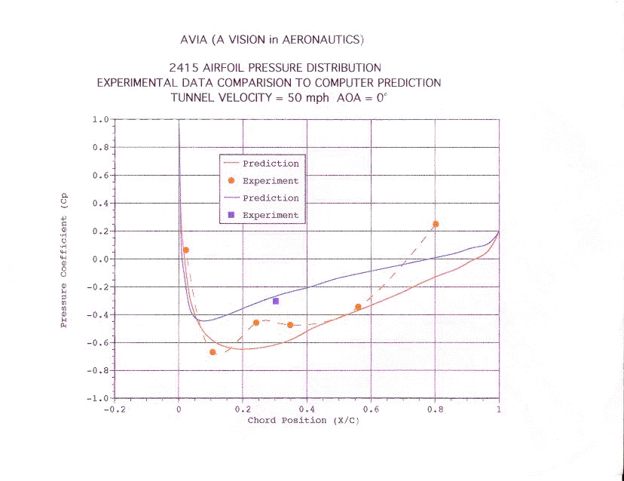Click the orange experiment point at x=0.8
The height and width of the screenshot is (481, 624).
436,224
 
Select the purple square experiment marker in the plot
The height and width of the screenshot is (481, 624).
276,301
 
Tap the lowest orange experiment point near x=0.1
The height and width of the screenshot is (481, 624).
213,352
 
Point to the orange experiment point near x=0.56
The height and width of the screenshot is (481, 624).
358,307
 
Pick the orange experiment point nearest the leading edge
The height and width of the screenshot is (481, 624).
186,250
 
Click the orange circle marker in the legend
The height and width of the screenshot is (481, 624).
231,181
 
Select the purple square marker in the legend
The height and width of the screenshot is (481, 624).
231,215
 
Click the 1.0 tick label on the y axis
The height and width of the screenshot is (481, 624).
100,120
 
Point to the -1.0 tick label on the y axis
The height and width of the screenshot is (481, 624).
98,398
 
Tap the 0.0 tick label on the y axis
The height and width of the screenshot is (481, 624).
100,259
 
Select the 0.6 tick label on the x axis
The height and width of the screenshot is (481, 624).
371,411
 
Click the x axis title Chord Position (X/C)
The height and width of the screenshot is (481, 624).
304,421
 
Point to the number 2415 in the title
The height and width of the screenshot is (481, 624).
187,68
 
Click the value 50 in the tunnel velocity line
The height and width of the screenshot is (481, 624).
295,98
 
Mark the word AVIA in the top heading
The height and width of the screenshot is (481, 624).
187,38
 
